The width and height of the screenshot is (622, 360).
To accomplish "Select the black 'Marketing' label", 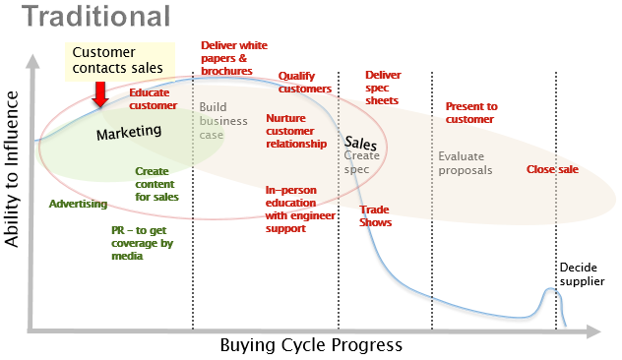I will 128,132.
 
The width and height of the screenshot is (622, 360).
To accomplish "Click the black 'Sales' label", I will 361,142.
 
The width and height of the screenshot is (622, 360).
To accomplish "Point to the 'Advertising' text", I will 78,204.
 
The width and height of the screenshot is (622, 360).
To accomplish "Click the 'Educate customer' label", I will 153,99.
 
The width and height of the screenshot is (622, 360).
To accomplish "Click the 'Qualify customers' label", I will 304,83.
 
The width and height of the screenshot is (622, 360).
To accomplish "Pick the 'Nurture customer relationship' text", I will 295,131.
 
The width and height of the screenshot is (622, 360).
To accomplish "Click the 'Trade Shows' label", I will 376,215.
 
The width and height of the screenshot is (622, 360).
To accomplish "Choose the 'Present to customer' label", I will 471,112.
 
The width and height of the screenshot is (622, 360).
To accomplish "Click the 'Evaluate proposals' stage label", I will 466,162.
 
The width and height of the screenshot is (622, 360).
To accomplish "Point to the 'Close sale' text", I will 552,169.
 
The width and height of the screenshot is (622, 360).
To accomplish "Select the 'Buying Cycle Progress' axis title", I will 311,345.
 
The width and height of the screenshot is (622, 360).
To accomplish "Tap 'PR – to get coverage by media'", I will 142,242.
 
